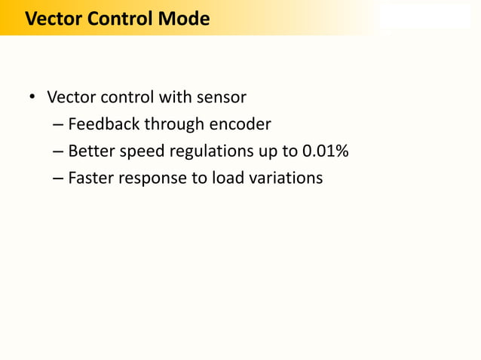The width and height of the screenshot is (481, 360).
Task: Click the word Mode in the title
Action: click(184, 19)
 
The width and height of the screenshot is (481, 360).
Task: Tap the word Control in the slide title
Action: click(121, 19)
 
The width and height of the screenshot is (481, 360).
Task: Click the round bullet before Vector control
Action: click(32, 99)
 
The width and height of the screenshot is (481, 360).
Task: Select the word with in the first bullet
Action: click(176, 98)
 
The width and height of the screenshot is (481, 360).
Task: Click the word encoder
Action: click(240, 124)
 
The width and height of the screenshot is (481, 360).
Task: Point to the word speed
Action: click(141, 151)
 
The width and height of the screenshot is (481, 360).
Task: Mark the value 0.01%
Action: click(325, 151)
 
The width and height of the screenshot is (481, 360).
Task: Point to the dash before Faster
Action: click(58, 179)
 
